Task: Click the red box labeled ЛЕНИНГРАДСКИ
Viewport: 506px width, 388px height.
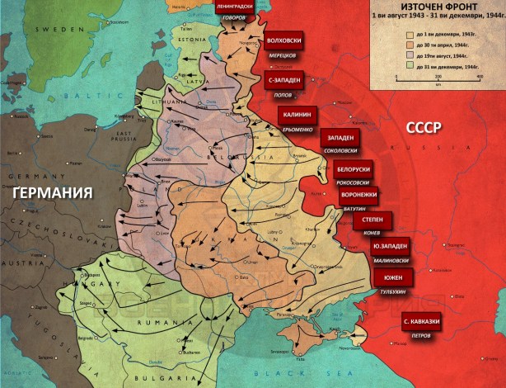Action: pyautogui.click(x=241, y=7)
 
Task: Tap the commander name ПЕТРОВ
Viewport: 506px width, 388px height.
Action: pyautogui.click(x=419, y=335)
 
